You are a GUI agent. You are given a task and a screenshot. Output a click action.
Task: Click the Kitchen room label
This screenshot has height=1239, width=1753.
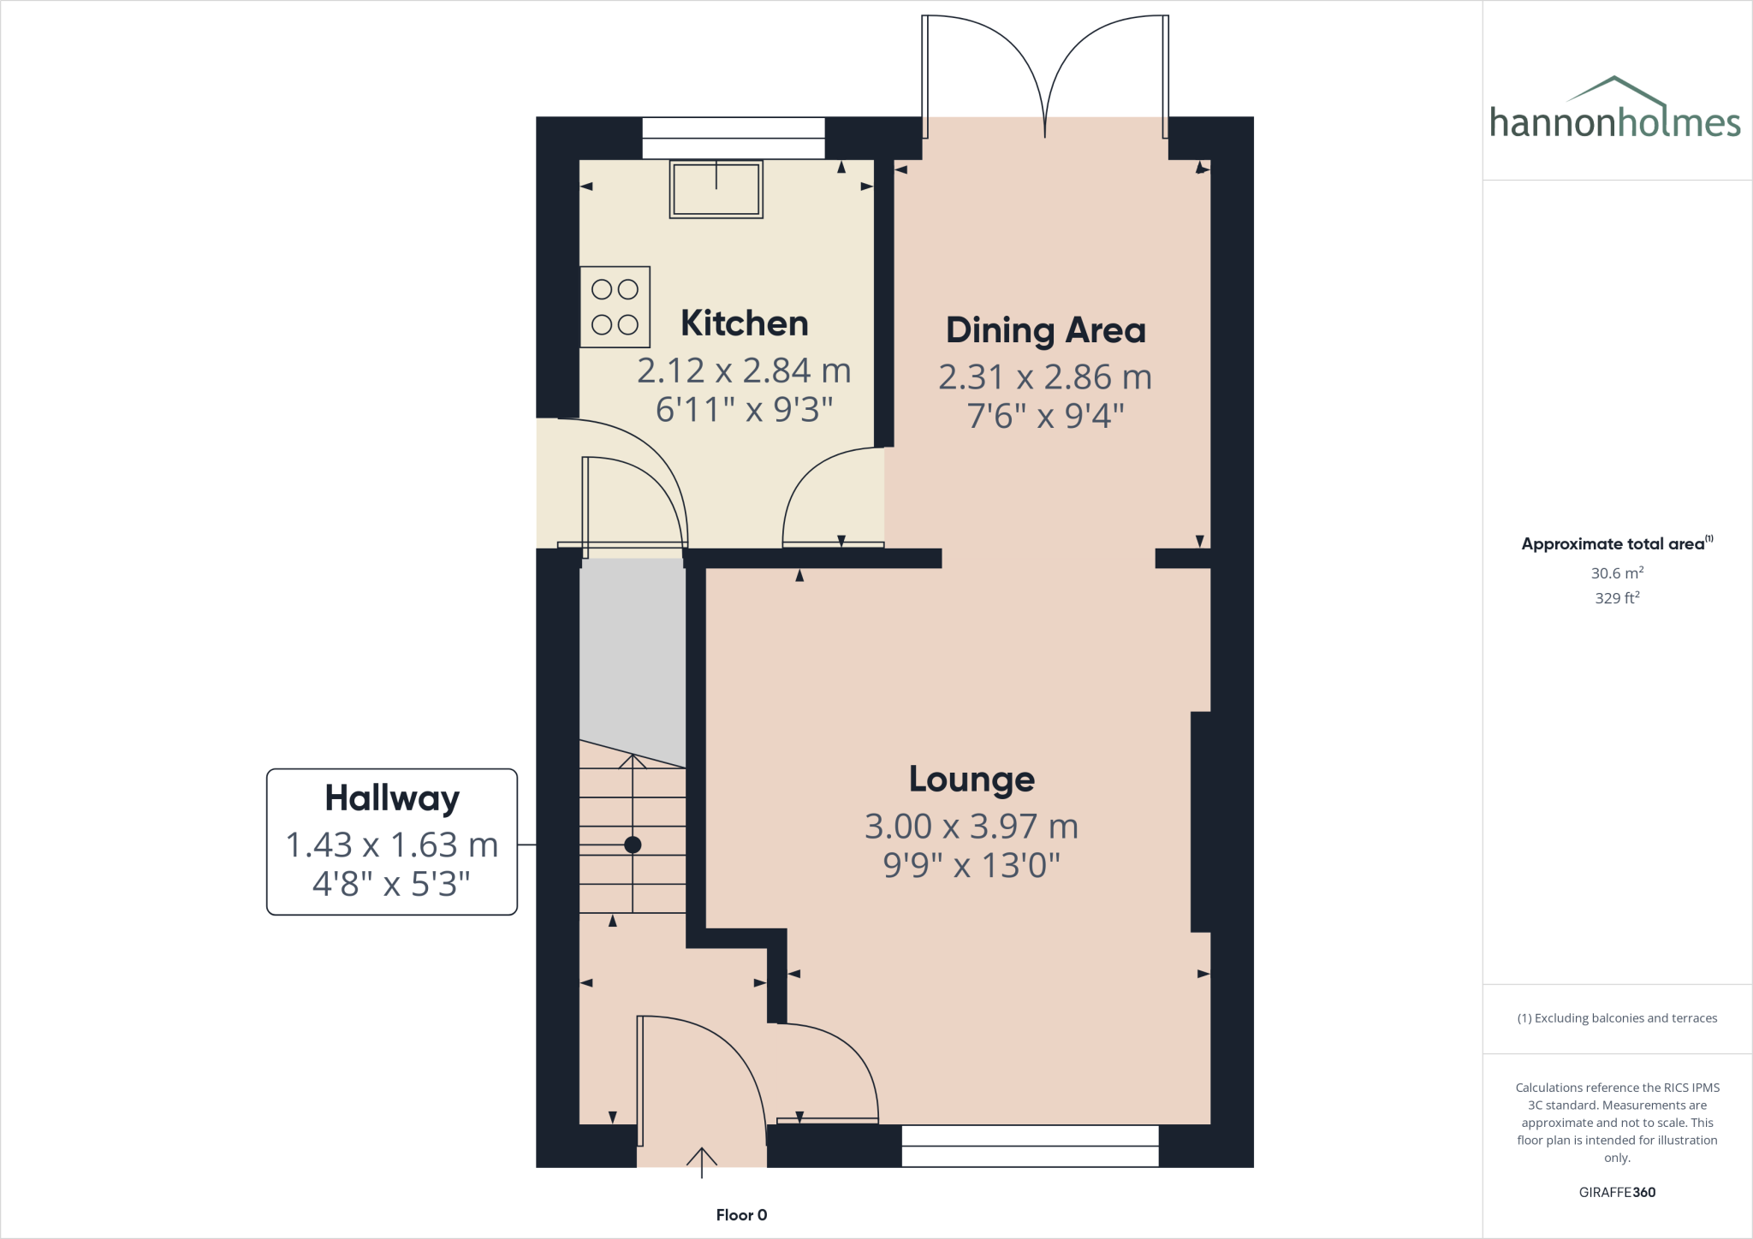744,323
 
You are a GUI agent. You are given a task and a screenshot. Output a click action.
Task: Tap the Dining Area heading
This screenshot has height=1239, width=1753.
1045,330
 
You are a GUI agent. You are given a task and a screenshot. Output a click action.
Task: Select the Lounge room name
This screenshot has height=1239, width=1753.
972,780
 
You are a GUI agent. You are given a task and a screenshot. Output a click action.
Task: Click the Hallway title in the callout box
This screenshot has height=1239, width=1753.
392,798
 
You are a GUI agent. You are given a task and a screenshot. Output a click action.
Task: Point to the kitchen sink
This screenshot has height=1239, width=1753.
716,189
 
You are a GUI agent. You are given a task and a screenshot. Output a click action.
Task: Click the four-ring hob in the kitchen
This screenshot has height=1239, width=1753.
615,307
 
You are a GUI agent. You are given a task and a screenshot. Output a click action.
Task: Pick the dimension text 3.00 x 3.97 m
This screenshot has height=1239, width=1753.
972,827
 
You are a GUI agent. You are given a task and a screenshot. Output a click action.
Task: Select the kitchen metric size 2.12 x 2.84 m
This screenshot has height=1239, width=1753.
744,371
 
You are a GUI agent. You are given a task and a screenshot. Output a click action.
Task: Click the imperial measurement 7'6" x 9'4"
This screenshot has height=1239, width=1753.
1045,416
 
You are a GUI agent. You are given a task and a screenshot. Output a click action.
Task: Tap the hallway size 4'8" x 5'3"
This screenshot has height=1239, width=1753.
392,884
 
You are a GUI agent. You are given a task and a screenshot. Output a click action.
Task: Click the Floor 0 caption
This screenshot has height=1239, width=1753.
741,1215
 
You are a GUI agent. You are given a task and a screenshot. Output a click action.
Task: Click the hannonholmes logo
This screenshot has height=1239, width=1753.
1614,111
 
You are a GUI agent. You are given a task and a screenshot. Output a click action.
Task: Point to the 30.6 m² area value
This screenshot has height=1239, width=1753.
1617,573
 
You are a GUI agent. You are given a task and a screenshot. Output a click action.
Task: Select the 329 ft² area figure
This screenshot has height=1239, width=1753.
1617,598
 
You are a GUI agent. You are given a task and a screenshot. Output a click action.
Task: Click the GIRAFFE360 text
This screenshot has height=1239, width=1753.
1617,1192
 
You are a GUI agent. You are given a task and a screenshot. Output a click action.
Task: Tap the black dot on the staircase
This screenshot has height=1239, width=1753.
633,845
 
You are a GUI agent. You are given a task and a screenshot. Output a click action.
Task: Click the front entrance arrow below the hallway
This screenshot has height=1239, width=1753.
702,1161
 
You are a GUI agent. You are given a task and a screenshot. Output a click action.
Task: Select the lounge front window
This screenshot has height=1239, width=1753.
1030,1146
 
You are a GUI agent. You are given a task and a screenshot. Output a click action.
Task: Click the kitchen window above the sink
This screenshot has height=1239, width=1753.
734,138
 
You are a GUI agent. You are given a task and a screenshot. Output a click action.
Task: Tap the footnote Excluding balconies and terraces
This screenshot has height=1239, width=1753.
1617,1018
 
